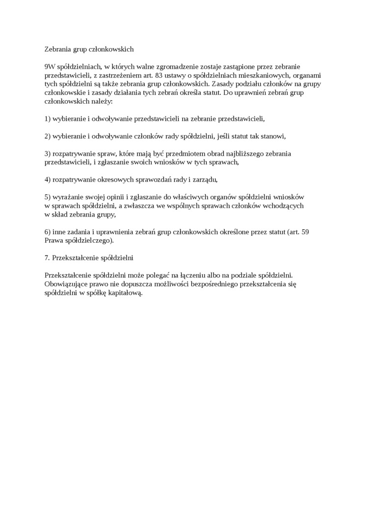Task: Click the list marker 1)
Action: tap(48, 118)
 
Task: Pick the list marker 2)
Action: tap(48, 136)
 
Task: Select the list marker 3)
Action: tap(48, 153)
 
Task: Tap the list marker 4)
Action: tap(48, 179)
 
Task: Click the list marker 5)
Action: tap(48, 196)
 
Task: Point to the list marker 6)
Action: tap(48, 231)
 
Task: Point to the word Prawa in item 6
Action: tap(54, 240)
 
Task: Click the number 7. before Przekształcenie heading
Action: tap(48, 257)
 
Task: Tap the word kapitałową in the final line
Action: tap(125, 293)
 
